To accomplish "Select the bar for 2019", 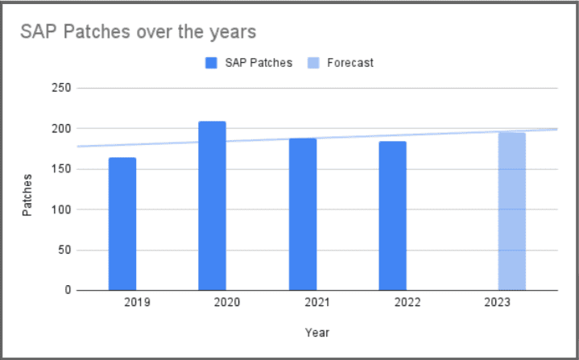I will [x=122, y=224].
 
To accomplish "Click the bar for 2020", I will [x=213, y=206].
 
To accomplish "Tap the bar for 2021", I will [x=303, y=214].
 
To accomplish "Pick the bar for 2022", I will [x=393, y=216].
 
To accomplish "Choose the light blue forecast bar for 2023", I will [x=511, y=212].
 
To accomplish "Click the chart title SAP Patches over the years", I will [x=139, y=33].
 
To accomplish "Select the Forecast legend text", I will [x=350, y=63].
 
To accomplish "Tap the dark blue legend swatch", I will [x=213, y=63].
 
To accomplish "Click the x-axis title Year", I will [x=317, y=332].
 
